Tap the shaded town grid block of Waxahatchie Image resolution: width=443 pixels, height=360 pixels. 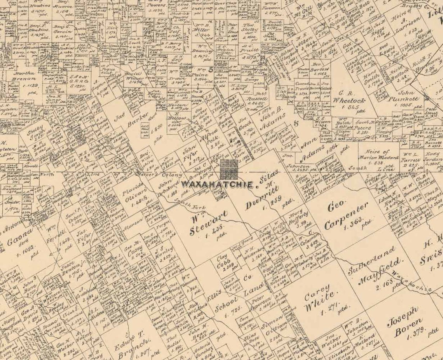pyautogui.click(x=229, y=169)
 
